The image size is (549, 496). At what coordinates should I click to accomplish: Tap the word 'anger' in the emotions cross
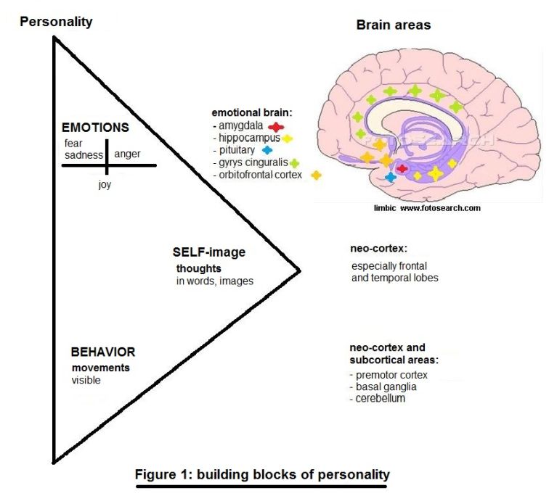[x=128, y=154]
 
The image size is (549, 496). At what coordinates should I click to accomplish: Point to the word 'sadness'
[x=84, y=154]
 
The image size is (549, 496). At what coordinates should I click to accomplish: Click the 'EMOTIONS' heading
[x=95, y=128]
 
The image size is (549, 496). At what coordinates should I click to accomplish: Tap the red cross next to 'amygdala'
[x=275, y=125]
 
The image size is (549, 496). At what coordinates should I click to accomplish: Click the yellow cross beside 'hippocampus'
[x=288, y=138]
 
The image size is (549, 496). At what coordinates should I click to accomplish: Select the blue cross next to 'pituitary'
[x=267, y=150]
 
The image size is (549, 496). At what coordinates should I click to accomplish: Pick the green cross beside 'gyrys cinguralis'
[x=295, y=162]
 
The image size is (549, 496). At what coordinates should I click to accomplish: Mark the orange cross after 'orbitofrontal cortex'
[x=315, y=175]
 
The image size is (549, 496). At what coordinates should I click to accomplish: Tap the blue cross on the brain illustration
[x=391, y=177]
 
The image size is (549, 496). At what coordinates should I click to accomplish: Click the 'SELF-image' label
[x=208, y=252]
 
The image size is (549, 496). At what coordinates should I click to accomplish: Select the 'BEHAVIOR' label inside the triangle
[x=103, y=352]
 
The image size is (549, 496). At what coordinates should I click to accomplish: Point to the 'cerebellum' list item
[x=377, y=398]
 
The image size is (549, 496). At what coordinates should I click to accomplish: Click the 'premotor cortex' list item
[x=389, y=375]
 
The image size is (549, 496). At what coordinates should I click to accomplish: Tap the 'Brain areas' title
[x=393, y=25]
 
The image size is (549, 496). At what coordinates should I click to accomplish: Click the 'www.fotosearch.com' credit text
[x=440, y=208]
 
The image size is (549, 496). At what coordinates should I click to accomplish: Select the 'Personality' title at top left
[x=56, y=21]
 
